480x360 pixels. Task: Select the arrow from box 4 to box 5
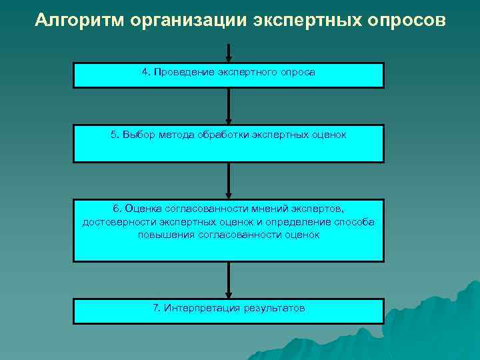click(x=229, y=106)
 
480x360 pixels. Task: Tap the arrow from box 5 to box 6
click(x=229, y=181)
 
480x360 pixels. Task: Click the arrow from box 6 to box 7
click(x=229, y=280)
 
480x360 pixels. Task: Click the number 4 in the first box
click(x=145, y=72)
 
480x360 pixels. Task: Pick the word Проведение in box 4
click(x=183, y=72)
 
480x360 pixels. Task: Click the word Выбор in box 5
click(x=138, y=135)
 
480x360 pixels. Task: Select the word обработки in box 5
click(x=222, y=135)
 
